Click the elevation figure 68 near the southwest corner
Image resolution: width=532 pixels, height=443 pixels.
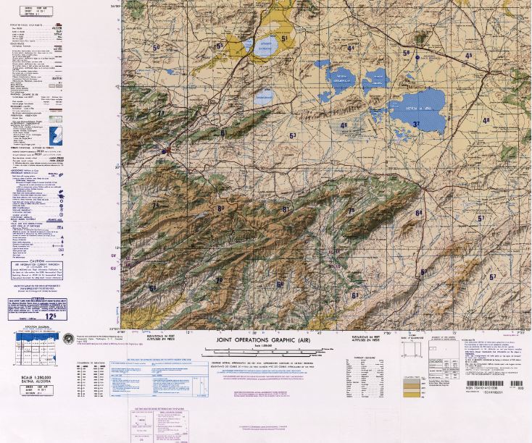pyautogui.click(x=152, y=288)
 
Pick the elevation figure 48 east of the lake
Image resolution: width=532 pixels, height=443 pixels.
pyautogui.click(x=486, y=120)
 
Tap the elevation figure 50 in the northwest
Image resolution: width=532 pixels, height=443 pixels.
pyautogui.click(x=156, y=48)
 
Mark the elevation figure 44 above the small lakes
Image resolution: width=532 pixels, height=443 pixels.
pyautogui.click(x=351, y=48)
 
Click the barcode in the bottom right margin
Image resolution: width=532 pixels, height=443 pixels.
pyautogui.click(x=494, y=384)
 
